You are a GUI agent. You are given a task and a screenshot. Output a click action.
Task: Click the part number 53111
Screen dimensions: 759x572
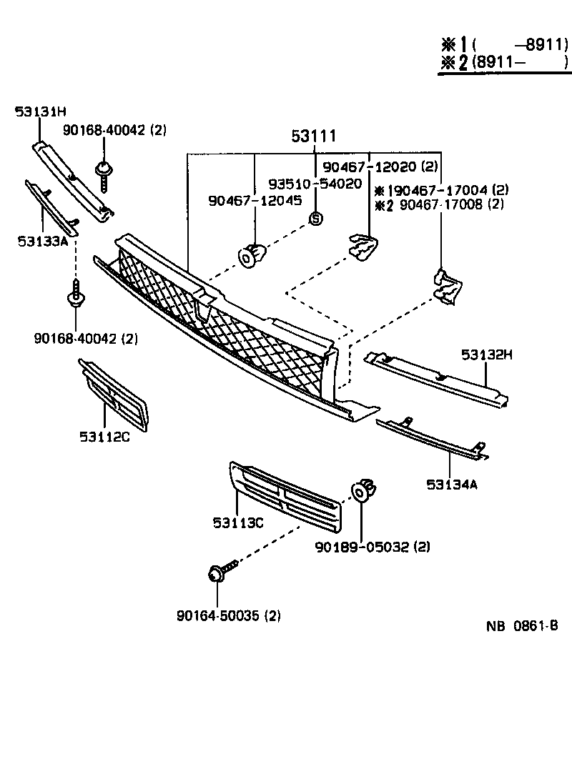point(313,136)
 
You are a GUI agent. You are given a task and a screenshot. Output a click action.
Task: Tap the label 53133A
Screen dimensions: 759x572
point(43,241)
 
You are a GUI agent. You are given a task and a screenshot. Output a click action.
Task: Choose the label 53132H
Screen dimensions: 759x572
point(488,354)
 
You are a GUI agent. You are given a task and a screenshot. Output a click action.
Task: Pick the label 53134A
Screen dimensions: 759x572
point(452,485)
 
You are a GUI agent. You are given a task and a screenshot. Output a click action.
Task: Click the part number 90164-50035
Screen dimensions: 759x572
point(216,615)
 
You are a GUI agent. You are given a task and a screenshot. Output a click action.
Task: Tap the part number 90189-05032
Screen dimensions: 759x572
point(361,547)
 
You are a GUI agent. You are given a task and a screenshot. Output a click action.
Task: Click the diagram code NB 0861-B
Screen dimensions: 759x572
point(522,627)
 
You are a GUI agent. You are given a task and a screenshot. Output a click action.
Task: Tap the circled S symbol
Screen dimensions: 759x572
point(315,219)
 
